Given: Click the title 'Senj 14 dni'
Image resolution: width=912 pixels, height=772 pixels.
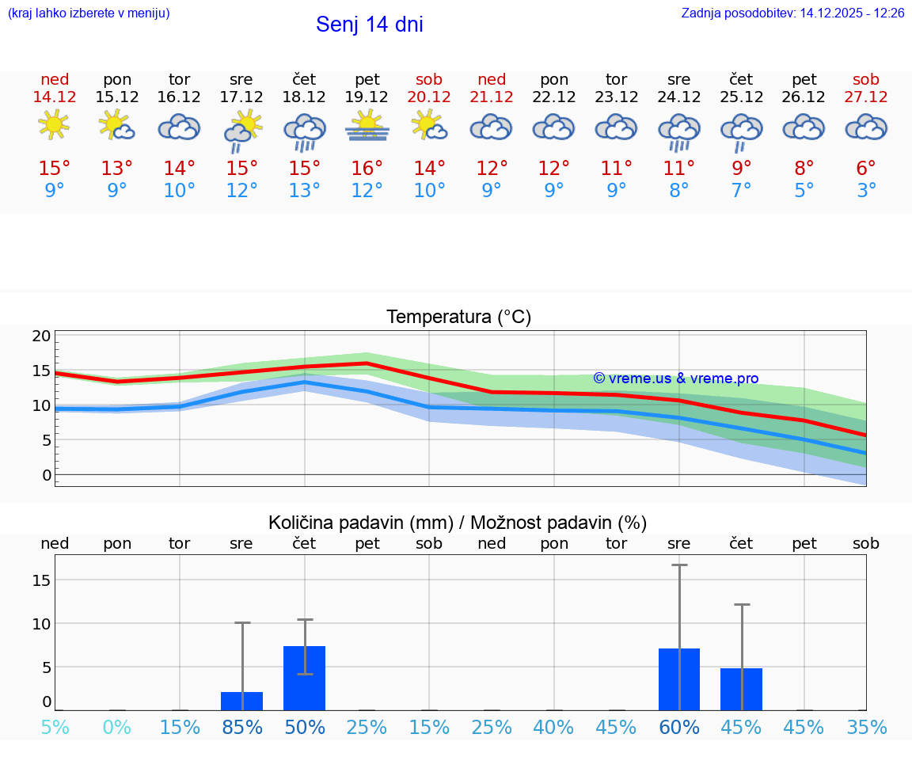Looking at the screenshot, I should pyautogui.click(x=369, y=25).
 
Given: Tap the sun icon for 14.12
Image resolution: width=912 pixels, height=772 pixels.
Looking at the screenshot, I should pyautogui.click(x=54, y=125).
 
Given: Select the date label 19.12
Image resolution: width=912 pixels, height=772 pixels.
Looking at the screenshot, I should pyautogui.click(x=367, y=97).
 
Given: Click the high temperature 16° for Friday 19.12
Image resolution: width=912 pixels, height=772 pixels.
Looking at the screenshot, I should pyautogui.click(x=367, y=168).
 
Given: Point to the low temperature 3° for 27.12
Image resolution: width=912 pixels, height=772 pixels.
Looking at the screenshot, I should pyautogui.click(x=866, y=191).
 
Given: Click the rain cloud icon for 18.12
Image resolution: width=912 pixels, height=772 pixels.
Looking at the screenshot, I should pyautogui.click(x=305, y=131).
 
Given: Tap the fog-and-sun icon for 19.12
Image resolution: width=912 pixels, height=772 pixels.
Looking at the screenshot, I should pyautogui.click(x=367, y=127).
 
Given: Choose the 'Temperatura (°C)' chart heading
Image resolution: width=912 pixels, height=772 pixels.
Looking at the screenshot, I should pyautogui.click(x=458, y=318).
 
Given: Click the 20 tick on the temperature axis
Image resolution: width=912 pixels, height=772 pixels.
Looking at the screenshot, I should pyautogui.click(x=41, y=336).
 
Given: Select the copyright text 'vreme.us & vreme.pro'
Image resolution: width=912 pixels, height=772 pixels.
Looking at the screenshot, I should pyautogui.click(x=675, y=378).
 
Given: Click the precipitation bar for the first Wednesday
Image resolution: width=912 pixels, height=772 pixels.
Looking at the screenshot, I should pyautogui.click(x=241, y=701).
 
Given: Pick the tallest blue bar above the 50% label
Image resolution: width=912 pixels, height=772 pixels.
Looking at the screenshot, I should pyautogui.click(x=305, y=678).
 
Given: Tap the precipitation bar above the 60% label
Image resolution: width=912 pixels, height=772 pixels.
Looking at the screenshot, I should pyautogui.click(x=679, y=679).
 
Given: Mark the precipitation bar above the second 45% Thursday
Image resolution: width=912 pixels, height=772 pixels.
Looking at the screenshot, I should pyautogui.click(x=741, y=689).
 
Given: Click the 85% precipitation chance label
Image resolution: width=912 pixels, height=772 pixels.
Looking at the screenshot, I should pyautogui.click(x=242, y=727).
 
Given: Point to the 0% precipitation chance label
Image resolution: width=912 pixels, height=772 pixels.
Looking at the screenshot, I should pyautogui.click(x=117, y=727).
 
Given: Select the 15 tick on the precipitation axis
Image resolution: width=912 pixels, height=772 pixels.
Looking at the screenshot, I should pyautogui.click(x=41, y=580).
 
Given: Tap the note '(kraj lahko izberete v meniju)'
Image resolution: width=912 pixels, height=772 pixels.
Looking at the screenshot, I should pyautogui.click(x=88, y=13).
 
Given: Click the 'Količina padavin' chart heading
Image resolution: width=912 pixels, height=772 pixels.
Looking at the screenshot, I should pyautogui.click(x=458, y=523).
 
